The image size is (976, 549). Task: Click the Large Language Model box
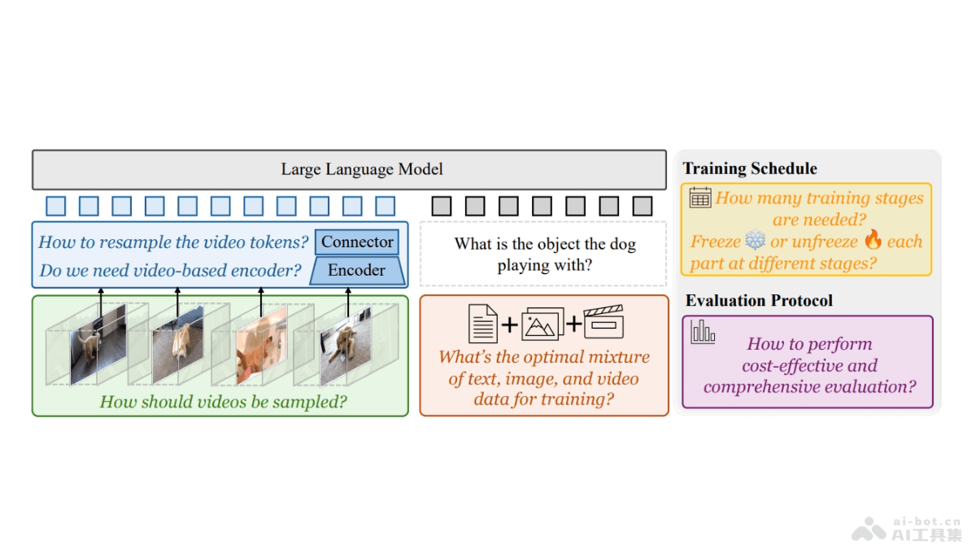[362, 169]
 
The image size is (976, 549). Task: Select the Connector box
[357, 242]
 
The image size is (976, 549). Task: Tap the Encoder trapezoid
[357, 270]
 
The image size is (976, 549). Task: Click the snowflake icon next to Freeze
[756, 241]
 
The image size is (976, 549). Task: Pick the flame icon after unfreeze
[873, 240]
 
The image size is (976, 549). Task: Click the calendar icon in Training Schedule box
[700, 198]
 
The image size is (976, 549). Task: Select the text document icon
[483, 323]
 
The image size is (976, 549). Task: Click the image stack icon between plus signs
[542, 324]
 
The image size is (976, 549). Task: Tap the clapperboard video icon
[603, 322]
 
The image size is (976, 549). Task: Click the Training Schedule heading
[750, 169]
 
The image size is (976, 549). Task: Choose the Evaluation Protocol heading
[759, 301]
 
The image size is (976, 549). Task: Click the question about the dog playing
[544, 254]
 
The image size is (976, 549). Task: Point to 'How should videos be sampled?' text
[223, 401]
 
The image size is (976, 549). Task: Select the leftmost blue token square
[55, 206]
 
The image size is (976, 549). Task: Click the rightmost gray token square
[643, 206]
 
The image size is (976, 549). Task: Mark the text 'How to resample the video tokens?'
[173, 242]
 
